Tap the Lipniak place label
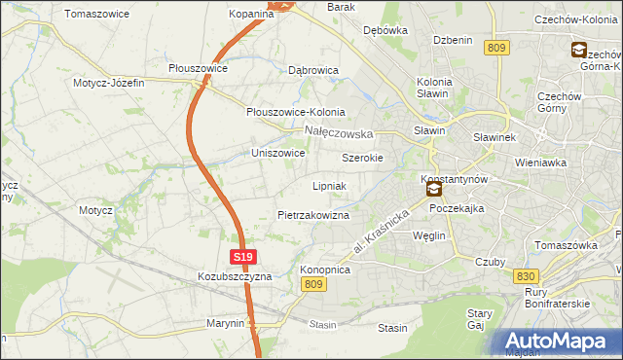coord(330,185)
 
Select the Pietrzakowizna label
coord(312,215)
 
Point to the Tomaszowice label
coord(97,15)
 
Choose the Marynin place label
coord(225,323)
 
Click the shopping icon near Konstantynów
coord(433,191)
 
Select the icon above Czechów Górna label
coord(578,51)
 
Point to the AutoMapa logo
coord(559,342)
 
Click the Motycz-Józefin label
coord(108,83)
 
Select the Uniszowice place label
coord(278,153)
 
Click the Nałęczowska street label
coord(339,132)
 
